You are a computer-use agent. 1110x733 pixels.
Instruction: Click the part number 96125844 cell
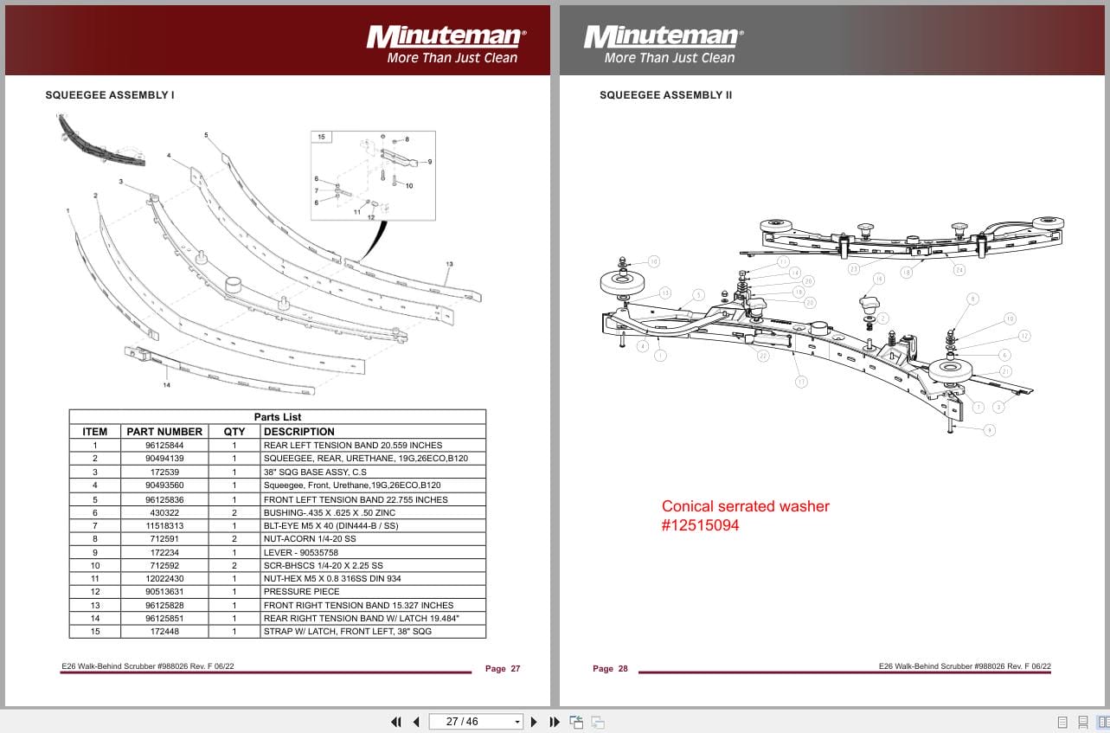click(164, 445)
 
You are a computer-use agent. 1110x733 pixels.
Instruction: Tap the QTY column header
click(234, 431)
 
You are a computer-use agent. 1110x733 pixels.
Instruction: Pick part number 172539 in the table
click(164, 472)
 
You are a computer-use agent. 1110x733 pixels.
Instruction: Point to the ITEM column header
click(94, 431)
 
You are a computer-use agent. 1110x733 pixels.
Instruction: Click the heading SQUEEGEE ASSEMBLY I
click(110, 95)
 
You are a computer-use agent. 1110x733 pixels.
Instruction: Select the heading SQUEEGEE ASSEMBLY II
click(665, 95)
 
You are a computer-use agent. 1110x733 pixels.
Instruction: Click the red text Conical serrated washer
click(745, 506)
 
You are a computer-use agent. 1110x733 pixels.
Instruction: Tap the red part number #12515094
click(701, 525)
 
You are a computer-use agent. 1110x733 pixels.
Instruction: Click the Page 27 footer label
click(503, 668)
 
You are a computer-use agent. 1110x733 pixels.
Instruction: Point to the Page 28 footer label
click(610, 668)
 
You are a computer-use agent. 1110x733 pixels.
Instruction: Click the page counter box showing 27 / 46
click(461, 721)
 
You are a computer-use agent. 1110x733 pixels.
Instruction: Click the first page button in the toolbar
click(396, 721)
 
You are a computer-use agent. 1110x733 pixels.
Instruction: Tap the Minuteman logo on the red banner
click(446, 38)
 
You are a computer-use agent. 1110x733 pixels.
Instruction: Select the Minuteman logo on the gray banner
click(663, 38)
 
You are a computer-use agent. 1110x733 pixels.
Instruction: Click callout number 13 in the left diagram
click(449, 263)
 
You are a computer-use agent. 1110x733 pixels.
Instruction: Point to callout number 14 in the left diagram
click(166, 383)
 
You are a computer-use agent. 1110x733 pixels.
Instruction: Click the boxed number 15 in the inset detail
click(321, 137)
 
